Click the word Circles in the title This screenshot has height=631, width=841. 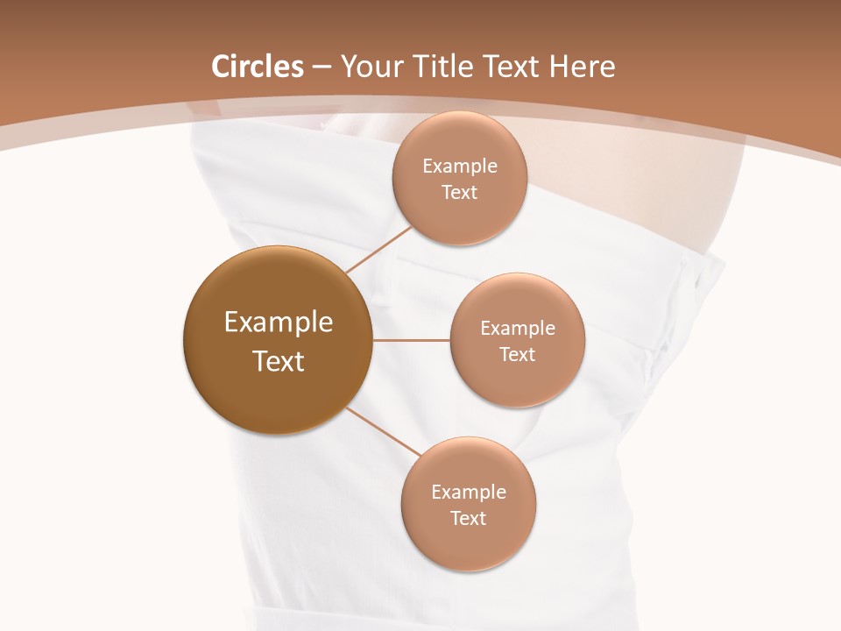[x=258, y=67]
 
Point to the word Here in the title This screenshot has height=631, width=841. [x=583, y=67]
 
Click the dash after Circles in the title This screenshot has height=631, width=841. [x=322, y=67]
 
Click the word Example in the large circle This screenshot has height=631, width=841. [x=279, y=323]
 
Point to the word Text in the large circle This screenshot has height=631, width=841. [x=279, y=361]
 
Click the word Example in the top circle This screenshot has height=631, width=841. [x=459, y=167]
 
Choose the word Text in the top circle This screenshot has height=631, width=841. [x=459, y=193]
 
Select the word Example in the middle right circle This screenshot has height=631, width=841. [x=517, y=329]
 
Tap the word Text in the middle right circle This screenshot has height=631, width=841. [x=517, y=355]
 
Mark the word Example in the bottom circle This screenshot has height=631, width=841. [x=468, y=493]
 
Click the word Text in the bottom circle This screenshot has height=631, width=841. [x=468, y=519]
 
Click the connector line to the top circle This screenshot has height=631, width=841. [x=378, y=249]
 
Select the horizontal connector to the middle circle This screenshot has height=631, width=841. [x=412, y=340]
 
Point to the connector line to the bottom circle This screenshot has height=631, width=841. [x=383, y=431]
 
